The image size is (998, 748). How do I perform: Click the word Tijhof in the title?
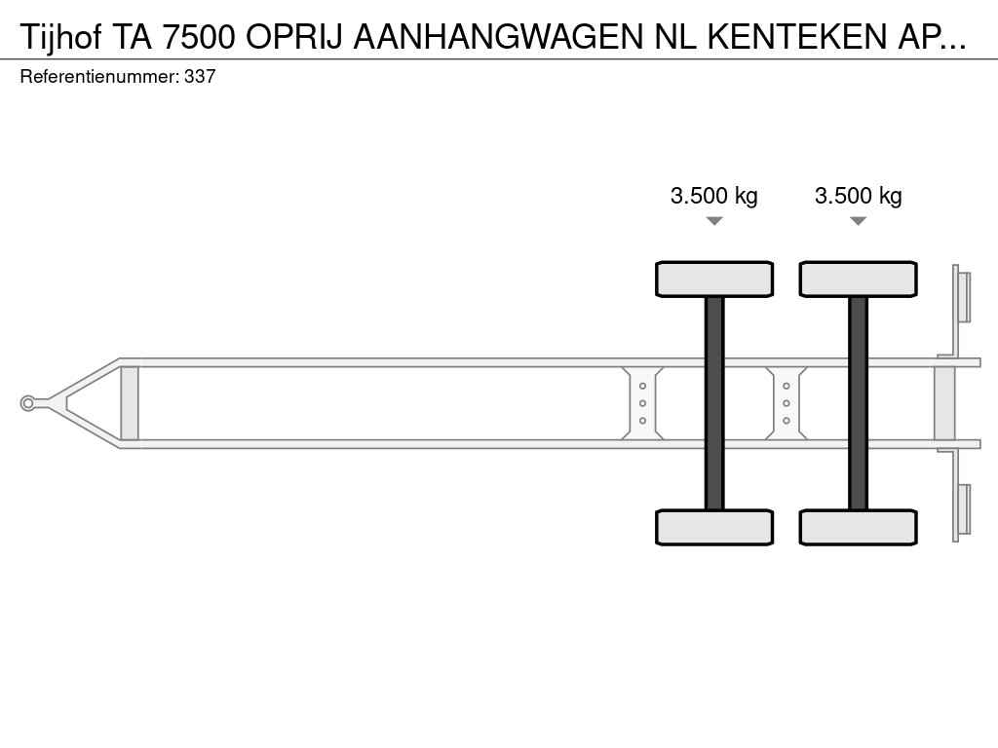pos(61,37)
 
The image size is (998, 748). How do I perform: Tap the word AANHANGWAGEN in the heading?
pos(499,37)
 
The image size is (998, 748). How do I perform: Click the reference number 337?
pos(200,76)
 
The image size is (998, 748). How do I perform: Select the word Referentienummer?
pos(99,76)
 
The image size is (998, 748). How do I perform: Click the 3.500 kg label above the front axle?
pos(714,195)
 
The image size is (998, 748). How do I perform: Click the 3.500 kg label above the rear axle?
pos(858,195)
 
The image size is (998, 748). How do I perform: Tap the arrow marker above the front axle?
pos(714,221)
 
